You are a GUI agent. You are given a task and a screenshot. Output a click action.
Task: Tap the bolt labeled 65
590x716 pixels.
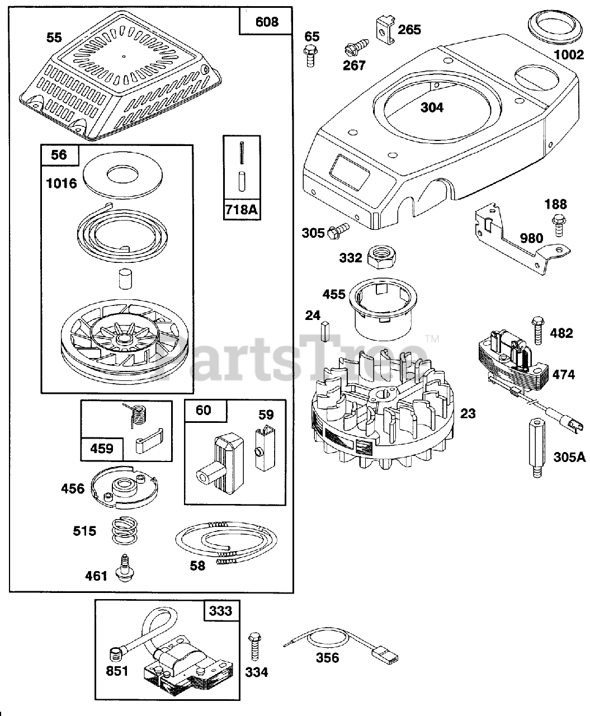310,57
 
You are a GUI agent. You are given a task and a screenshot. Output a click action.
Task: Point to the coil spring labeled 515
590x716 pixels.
128,531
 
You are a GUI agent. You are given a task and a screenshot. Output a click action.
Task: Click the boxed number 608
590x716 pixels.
266,21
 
